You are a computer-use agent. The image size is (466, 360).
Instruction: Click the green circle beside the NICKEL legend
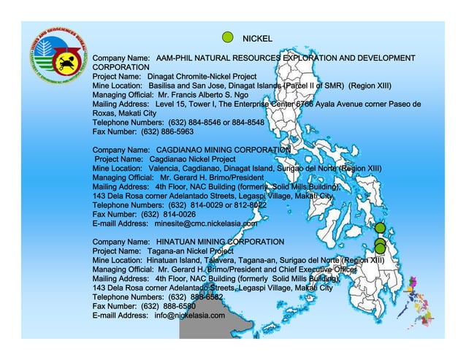click(227, 38)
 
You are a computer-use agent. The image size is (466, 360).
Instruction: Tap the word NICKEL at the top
click(257, 38)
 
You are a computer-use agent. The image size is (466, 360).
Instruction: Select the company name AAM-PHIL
click(175, 58)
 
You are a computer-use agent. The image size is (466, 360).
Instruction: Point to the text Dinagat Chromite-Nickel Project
click(202, 76)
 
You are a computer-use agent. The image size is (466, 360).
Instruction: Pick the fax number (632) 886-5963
click(167, 132)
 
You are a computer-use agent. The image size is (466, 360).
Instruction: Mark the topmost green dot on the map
click(380, 229)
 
